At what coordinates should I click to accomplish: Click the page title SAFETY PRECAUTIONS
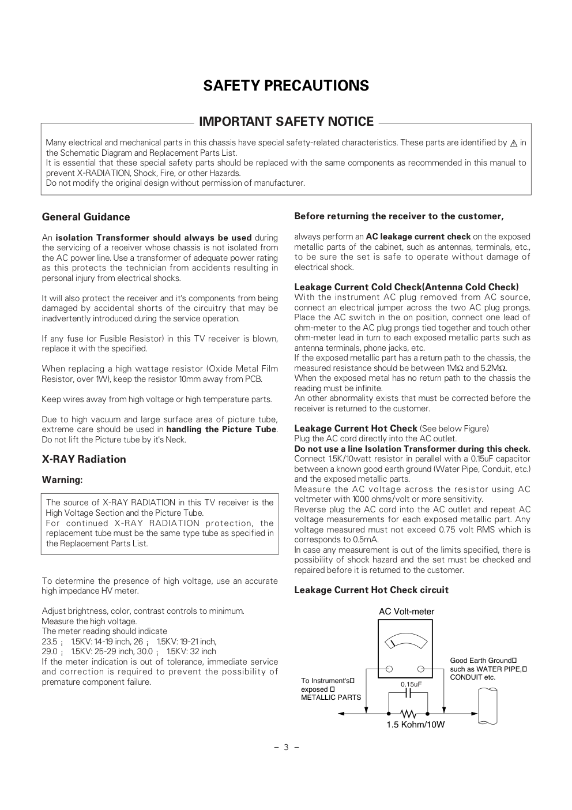pos(286,86)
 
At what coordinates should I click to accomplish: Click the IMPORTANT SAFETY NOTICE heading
pos(286,122)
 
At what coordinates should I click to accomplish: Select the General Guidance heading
pos(86,217)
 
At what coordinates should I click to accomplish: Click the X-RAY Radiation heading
pos(84,459)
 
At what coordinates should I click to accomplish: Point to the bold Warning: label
pos(62,480)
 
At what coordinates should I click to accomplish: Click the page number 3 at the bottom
pos(286,748)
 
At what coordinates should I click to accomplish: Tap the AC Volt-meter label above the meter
pos(407,612)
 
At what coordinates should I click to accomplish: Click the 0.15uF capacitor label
pos(411,684)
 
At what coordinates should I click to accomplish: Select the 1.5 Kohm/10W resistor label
pos(415,725)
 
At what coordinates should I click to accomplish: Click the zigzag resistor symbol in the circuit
pos(408,714)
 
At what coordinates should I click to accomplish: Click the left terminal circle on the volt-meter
pos(390,669)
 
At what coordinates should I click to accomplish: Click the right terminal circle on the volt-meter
pos(422,669)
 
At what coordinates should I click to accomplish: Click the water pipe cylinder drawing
pos(487,706)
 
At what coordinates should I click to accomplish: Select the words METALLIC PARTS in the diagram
pos(331,697)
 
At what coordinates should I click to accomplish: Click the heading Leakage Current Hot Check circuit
pos(371,590)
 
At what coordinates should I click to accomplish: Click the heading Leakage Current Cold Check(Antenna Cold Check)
pos(407,287)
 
